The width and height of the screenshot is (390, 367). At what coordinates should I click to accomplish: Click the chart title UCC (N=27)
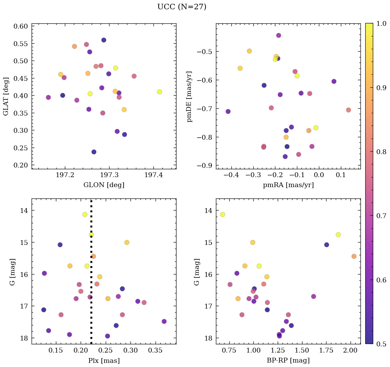tap(182, 7)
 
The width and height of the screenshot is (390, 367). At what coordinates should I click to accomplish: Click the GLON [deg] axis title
tap(104, 185)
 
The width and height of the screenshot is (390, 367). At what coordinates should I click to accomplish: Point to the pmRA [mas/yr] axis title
tap(288, 185)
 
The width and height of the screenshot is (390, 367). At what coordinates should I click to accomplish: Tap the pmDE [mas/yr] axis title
tap(189, 96)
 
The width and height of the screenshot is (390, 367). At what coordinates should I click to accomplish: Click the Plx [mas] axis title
tap(104, 360)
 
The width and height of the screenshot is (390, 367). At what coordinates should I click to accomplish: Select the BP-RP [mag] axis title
tap(288, 360)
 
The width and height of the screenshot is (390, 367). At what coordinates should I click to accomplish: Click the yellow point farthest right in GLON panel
tap(159, 92)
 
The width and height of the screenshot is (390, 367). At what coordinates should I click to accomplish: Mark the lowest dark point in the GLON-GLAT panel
tap(94, 152)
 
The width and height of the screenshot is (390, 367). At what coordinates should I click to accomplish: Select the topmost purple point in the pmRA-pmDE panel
tap(278, 35)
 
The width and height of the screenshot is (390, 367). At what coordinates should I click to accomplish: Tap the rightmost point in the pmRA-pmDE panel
tap(348, 110)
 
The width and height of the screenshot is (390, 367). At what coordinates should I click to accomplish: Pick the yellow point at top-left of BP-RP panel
tap(222, 215)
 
